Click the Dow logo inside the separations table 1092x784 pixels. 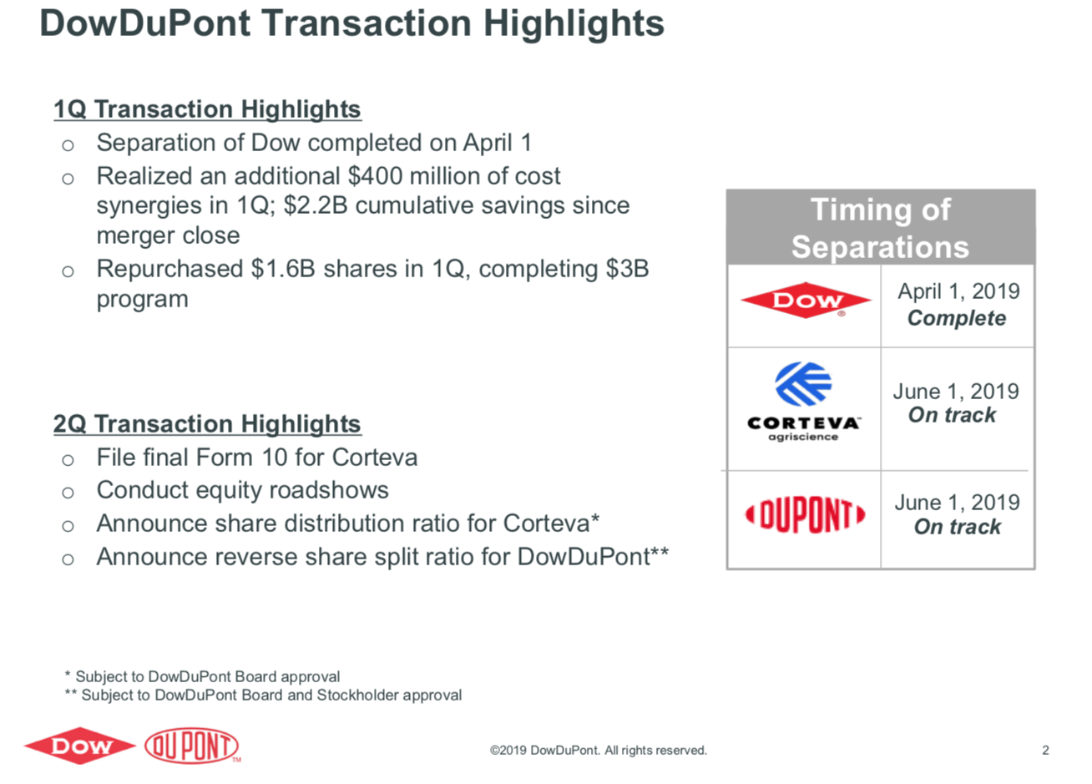pyautogui.click(x=806, y=301)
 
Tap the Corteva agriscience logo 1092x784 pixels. pyautogui.click(x=803, y=402)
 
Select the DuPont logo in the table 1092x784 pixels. pyautogui.click(x=806, y=515)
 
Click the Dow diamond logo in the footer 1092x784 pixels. pyautogui.click(x=80, y=746)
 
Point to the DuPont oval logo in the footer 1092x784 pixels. pyautogui.click(x=192, y=746)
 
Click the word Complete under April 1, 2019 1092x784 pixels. pyautogui.click(x=957, y=318)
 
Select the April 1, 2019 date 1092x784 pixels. pyautogui.click(x=958, y=291)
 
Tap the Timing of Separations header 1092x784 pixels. pyautogui.click(x=881, y=228)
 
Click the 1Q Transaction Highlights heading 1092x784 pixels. pyautogui.click(x=207, y=109)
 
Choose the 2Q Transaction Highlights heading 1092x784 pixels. pyautogui.click(x=207, y=423)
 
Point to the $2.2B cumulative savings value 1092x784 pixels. pyautogui.click(x=316, y=205)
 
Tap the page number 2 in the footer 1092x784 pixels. pyautogui.click(x=1045, y=750)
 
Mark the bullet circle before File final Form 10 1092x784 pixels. pyautogui.click(x=68, y=460)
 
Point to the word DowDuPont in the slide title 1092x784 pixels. pyautogui.click(x=145, y=23)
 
